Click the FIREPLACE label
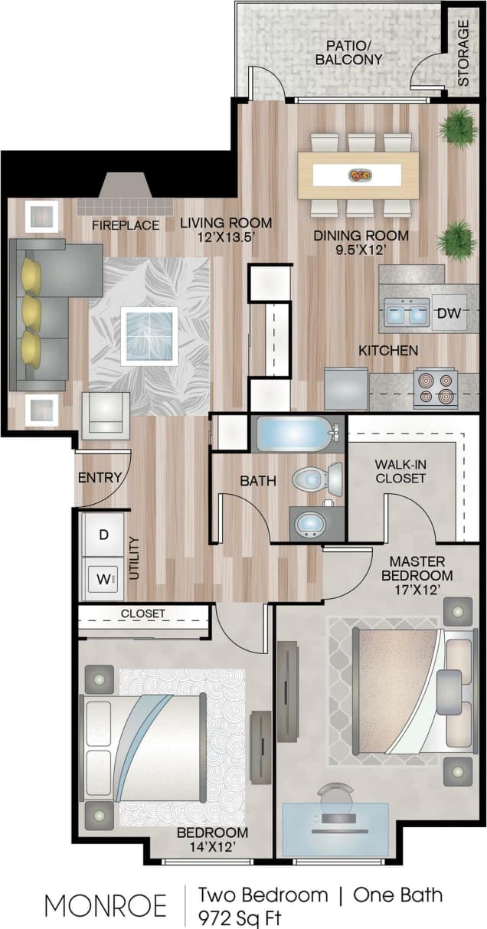tap(126, 225)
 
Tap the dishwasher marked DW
tap(449, 312)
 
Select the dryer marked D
tap(103, 535)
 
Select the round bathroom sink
tap(311, 524)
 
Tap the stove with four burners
tap(436, 388)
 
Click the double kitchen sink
tap(407, 312)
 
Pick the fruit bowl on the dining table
tap(360, 175)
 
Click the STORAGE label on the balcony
tap(463, 52)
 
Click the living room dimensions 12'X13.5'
tap(226, 237)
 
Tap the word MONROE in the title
tap(106, 905)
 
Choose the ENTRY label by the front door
tap(100, 478)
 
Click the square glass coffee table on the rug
tap(149, 335)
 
